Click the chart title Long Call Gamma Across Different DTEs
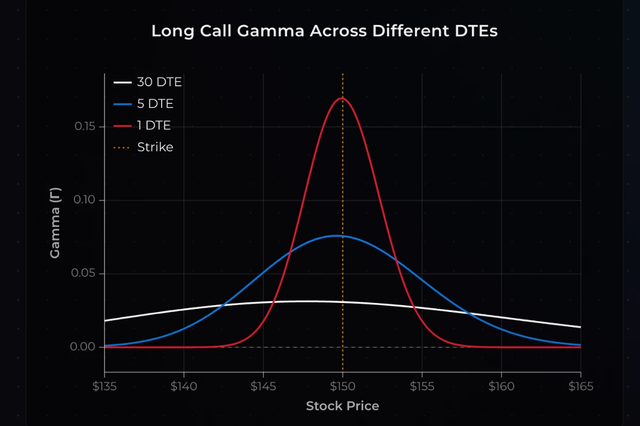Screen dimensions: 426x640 [x=324, y=31]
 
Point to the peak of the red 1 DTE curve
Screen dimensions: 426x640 [x=342, y=98]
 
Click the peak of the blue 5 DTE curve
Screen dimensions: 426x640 [x=337, y=235]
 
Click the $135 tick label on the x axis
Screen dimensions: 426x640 [x=105, y=386]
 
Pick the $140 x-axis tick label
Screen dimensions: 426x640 [x=183, y=386]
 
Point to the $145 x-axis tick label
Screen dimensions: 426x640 [x=263, y=386]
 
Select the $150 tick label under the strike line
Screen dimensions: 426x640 [x=342, y=386]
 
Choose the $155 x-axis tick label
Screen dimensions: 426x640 [x=422, y=386]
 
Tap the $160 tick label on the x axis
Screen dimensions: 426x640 [x=501, y=386]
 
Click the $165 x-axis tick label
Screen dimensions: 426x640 [x=580, y=386]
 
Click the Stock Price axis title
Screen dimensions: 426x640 [x=342, y=406]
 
